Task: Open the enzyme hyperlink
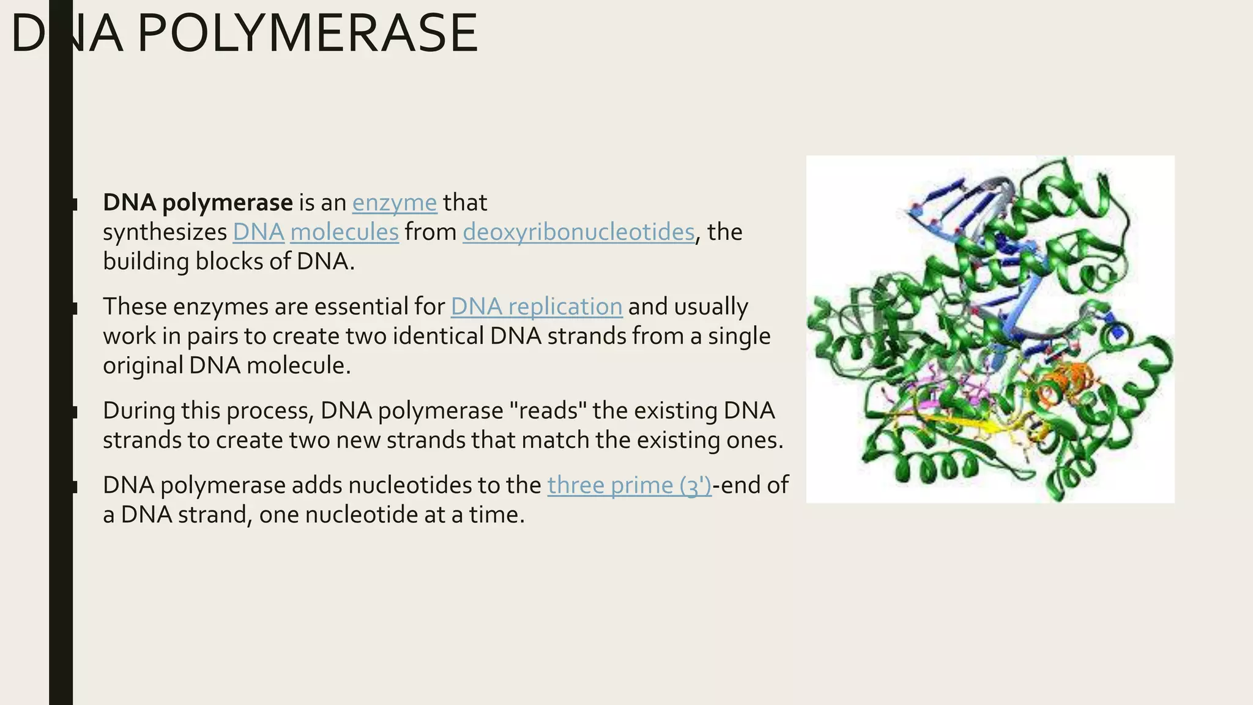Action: (395, 203)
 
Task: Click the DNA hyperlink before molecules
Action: (258, 232)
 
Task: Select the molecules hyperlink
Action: (344, 232)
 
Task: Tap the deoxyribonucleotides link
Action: (578, 232)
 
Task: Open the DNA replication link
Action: (537, 307)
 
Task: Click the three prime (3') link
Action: (629, 485)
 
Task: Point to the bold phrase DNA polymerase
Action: (198, 203)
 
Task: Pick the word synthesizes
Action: (165, 232)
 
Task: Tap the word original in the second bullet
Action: (143, 365)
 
